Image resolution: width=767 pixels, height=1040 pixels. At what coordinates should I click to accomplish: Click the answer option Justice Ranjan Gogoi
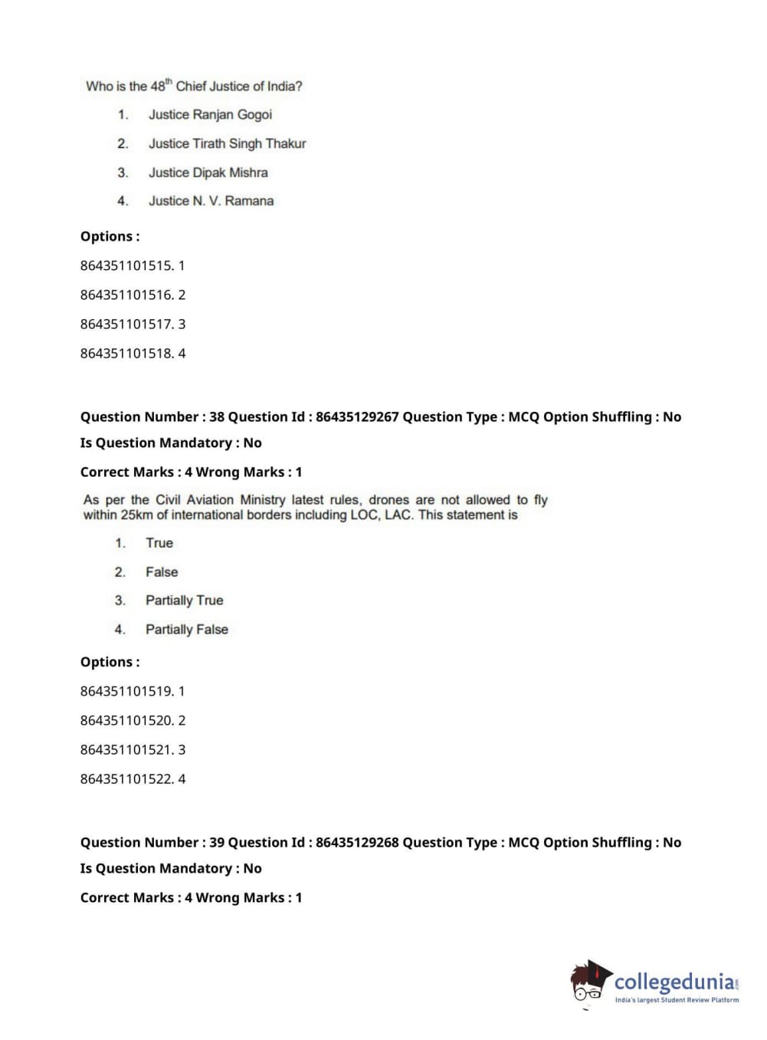210,114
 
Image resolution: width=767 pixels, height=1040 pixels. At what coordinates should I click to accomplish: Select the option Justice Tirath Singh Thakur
227,143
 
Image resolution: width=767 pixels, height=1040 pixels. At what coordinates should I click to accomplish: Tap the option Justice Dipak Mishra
208,173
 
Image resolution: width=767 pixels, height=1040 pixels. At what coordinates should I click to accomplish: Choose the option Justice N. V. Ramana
211,201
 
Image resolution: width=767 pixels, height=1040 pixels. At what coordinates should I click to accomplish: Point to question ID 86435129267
357,416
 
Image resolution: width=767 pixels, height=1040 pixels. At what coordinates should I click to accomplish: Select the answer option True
159,543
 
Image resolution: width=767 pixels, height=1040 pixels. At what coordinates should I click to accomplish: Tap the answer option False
162,572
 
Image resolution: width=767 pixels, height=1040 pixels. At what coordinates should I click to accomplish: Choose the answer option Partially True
184,601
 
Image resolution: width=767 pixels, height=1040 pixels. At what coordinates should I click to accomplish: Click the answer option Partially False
186,630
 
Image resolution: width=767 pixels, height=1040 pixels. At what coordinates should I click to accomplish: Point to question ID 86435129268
357,842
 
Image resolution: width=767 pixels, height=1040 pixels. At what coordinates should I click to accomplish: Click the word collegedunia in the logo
674,982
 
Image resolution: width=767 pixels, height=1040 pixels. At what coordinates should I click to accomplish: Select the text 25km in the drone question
136,515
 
